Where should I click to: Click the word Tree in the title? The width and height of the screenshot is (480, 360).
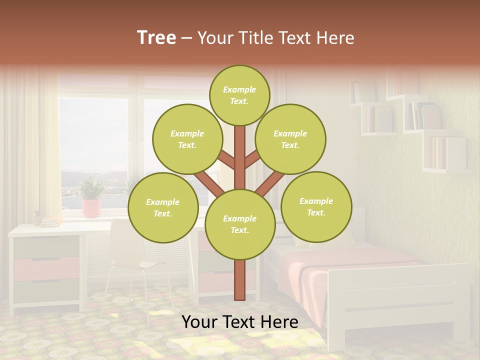[156, 37]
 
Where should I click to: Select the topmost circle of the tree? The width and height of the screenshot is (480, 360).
[239, 95]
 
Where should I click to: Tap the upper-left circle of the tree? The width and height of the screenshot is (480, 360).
[187, 139]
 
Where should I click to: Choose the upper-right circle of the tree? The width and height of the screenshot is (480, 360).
[290, 139]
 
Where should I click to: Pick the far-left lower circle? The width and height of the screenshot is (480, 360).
[163, 207]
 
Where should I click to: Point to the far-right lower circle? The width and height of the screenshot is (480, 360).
[316, 206]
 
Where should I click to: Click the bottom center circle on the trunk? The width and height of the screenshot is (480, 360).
[239, 224]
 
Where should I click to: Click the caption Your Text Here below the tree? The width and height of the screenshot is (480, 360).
[239, 322]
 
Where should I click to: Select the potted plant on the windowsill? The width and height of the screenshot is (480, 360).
[91, 189]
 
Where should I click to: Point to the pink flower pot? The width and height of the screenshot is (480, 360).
[91, 207]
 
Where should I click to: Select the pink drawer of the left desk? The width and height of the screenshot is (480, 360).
[46, 268]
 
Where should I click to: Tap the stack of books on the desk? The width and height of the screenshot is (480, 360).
[50, 221]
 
